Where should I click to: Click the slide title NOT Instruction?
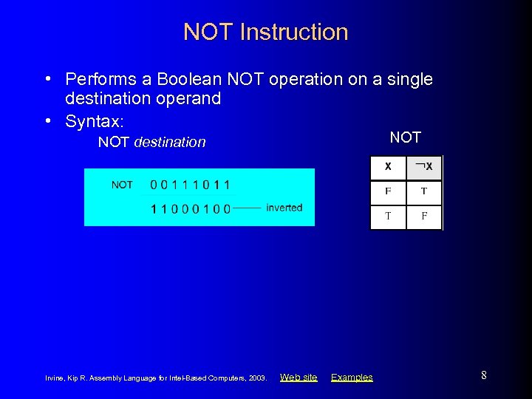[x=265, y=33]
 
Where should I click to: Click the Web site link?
[x=299, y=378]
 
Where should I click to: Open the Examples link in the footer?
[x=352, y=378]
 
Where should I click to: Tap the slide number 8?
[x=483, y=375]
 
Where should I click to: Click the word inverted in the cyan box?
[x=284, y=208]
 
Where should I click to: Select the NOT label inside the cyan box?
[x=122, y=185]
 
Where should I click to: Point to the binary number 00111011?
[x=190, y=185]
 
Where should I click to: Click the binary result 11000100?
[x=190, y=208]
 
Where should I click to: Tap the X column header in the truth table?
[x=388, y=167]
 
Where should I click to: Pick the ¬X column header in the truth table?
[x=424, y=167]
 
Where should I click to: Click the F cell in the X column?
[x=388, y=191]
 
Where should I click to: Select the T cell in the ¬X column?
[x=424, y=191]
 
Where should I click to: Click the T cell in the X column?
[x=388, y=216]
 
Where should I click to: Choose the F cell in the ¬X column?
[x=424, y=216]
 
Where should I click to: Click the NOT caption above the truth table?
[x=405, y=137]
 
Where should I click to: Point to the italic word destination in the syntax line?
[x=170, y=142]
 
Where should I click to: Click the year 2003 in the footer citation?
[x=257, y=378]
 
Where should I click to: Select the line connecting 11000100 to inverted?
[x=248, y=208]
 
